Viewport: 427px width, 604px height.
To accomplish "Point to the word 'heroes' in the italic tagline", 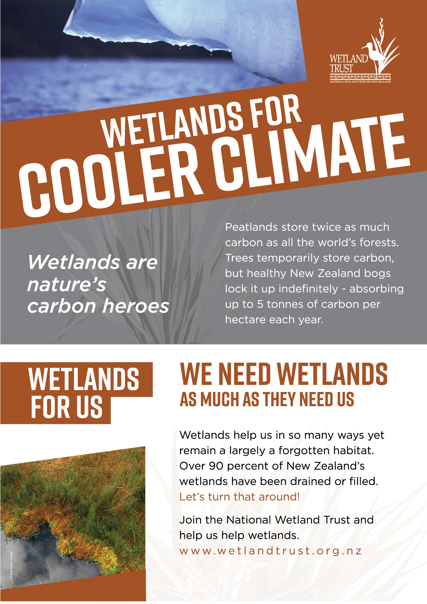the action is click(x=136, y=306).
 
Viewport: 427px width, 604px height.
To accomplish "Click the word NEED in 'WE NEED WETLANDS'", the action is click(x=245, y=374).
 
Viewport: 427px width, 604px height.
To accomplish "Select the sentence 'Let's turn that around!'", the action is click(x=239, y=497).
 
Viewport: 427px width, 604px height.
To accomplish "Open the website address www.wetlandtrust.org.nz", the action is click(x=270, y=551).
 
